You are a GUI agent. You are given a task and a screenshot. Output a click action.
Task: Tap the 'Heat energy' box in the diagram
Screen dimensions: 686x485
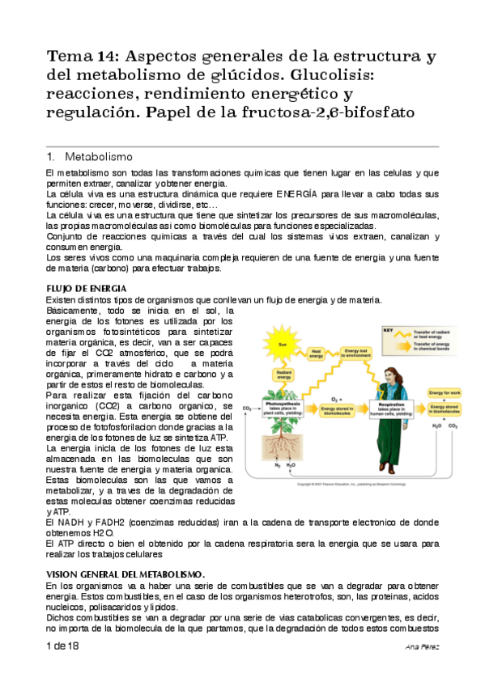319,352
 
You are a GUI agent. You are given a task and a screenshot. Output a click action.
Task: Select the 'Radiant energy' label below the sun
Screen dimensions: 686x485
284,374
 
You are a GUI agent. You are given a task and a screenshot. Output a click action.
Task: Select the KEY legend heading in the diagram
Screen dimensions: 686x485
388,330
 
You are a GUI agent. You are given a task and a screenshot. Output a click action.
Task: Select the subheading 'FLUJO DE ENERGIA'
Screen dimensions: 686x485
86,289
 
